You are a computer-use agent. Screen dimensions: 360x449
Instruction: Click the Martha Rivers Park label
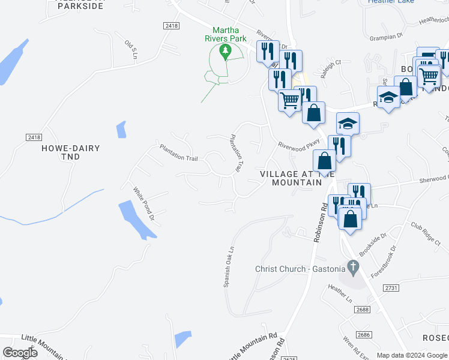(x=229, y=35)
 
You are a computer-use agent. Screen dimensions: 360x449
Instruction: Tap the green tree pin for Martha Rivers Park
(x=226, y=52)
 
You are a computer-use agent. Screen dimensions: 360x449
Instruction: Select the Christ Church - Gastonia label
(x=300, y=269)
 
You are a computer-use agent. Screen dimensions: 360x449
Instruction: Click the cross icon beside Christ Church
(x=354, y=266)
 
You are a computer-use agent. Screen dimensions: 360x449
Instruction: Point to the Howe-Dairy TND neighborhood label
(x=70, y=152)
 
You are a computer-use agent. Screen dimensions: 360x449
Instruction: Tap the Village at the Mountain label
(x=291, y=178)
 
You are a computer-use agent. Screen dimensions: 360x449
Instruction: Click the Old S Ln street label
(x=131, y=49)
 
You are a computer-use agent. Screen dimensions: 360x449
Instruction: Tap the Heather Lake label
(x=390, y=2)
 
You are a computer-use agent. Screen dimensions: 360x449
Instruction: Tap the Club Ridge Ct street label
(x=426, y=234)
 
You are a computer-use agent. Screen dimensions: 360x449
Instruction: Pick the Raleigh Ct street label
(x=331, y=62)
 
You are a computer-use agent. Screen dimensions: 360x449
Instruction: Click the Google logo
(x=20, y=353)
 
